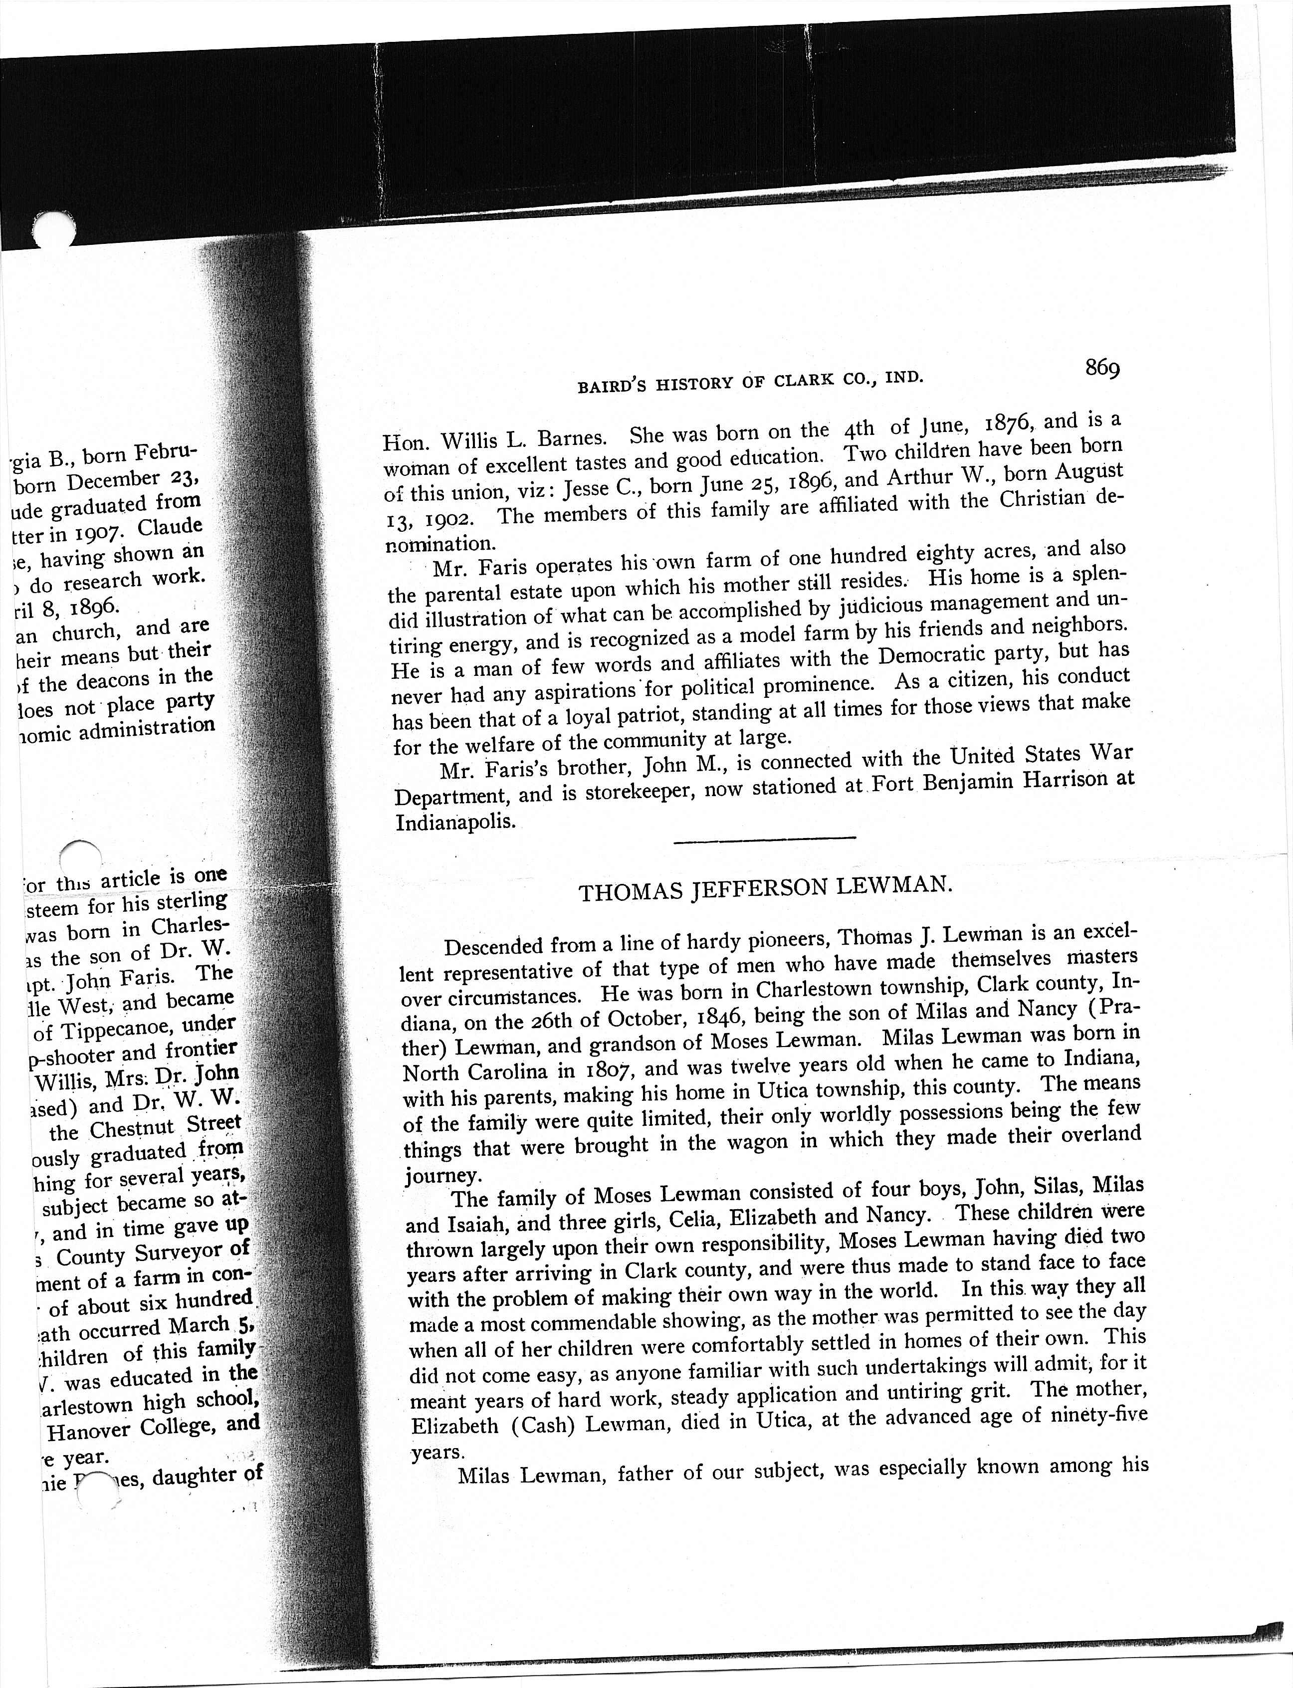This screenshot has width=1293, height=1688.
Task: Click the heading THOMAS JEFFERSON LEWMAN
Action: click(x=765, y=887)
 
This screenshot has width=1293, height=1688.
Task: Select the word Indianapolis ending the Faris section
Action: click(x=455, y=822)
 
